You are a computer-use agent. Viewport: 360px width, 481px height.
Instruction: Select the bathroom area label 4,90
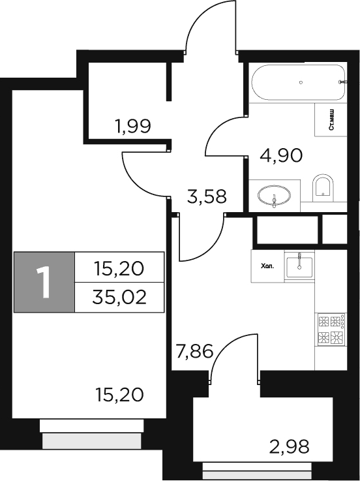[281, 157]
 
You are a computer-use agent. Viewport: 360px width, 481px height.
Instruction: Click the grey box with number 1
[44, 282]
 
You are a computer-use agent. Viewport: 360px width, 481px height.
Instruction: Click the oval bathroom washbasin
[275, 195]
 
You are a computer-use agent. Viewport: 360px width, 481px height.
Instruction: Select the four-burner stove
[330, 329]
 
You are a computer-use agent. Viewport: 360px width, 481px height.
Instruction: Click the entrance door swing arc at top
[209, 26]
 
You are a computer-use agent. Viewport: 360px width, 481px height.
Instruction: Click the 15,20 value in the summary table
[119, 267]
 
